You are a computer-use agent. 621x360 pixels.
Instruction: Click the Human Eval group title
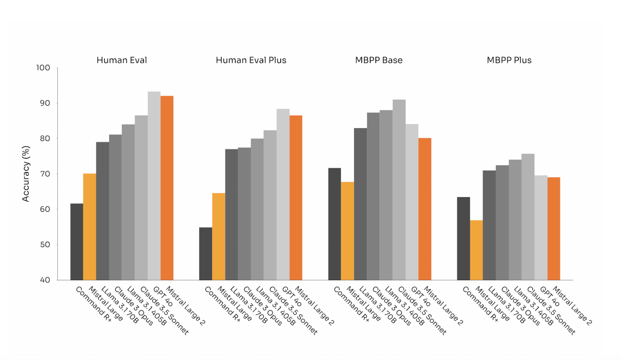[122, 60]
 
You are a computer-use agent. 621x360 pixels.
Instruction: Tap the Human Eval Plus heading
[251, 60]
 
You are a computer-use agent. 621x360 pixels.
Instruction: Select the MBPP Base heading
[379, 60]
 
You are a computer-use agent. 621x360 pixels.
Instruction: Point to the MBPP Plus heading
[509, 60]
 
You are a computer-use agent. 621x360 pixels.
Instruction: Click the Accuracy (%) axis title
[26, 174]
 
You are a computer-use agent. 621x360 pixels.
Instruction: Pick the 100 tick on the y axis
[43, 68]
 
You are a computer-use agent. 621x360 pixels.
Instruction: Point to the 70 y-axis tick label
[45, 174]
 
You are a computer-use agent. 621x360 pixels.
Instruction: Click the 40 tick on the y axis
[45, 280]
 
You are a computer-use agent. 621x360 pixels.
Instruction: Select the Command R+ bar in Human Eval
[77, 242]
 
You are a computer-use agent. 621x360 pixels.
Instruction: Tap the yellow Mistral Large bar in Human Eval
[90, 227]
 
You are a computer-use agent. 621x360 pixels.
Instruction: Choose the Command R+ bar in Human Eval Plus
[206, 254]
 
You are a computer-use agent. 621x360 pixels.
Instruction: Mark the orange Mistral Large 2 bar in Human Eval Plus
[296, 198]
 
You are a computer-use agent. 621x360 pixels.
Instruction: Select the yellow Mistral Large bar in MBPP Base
[347, 231]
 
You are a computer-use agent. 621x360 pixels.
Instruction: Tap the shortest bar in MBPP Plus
[476, 250]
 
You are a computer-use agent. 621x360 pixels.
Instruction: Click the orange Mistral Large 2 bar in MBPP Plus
[554, 229]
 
